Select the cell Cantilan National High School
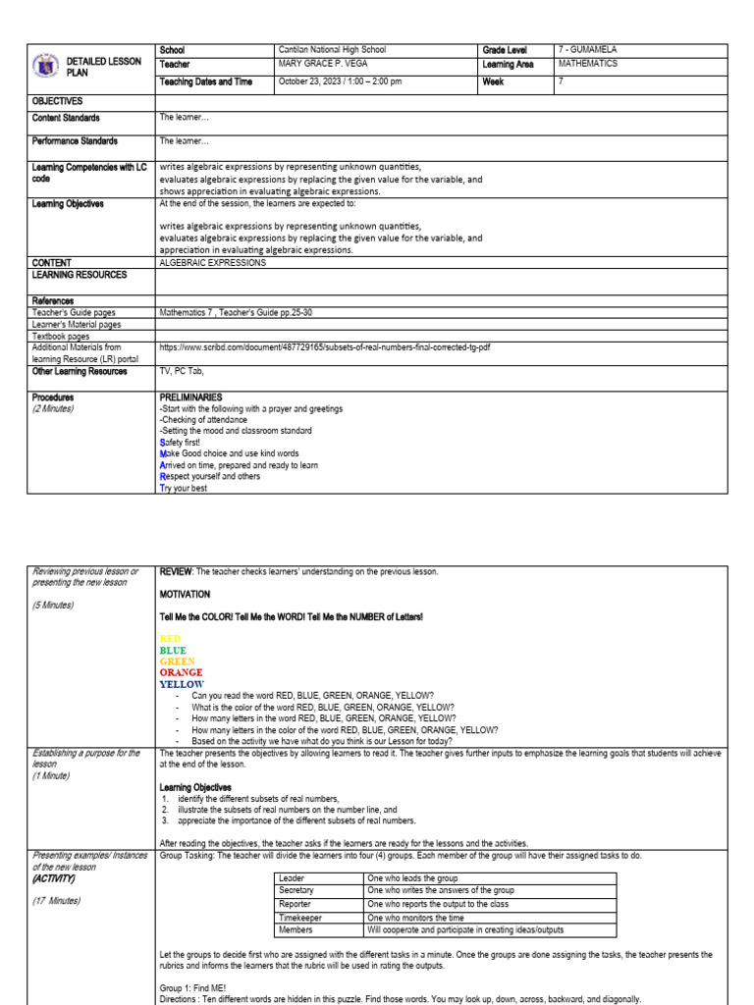332,50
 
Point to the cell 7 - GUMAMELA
587,50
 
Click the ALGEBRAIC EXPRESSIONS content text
212,263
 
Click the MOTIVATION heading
185,594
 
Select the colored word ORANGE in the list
182,673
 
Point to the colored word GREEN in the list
178,661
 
